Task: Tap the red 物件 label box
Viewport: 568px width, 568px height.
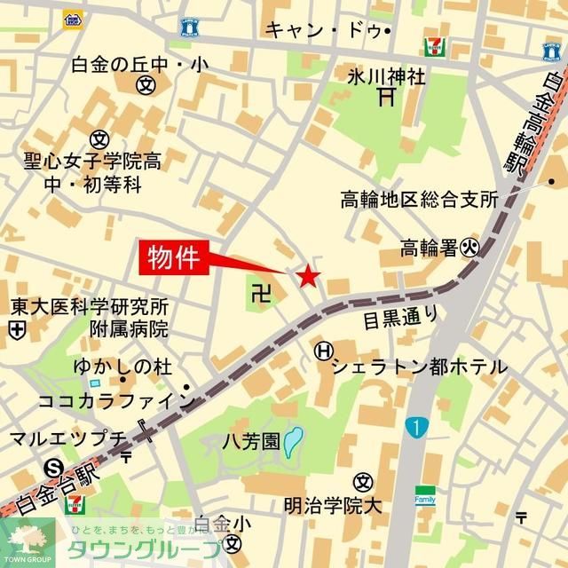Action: [176, 258]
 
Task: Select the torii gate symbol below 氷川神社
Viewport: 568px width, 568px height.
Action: [385, 97]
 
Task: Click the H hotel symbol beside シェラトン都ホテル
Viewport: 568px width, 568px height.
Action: [322, 351]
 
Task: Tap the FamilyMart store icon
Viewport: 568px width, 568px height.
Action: [425, 495]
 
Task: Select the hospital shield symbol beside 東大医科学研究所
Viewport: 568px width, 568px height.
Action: [16, 330]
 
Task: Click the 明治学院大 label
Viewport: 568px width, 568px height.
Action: [332, 506]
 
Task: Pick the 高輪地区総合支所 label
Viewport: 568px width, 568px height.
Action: [419, 200]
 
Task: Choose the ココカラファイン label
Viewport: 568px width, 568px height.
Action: [115, 400]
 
